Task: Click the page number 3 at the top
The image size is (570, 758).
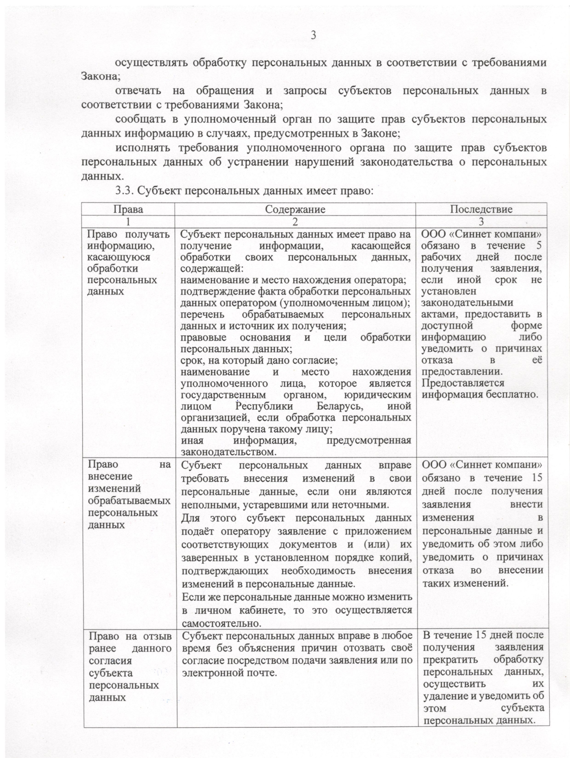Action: [x=314, y=35]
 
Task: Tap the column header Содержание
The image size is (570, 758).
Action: [x=295, y=209]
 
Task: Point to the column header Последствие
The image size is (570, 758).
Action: [x=481, y=209]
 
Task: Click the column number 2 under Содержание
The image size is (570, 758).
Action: [x=295, y=221]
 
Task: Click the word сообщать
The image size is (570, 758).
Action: [x=138, y=119]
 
